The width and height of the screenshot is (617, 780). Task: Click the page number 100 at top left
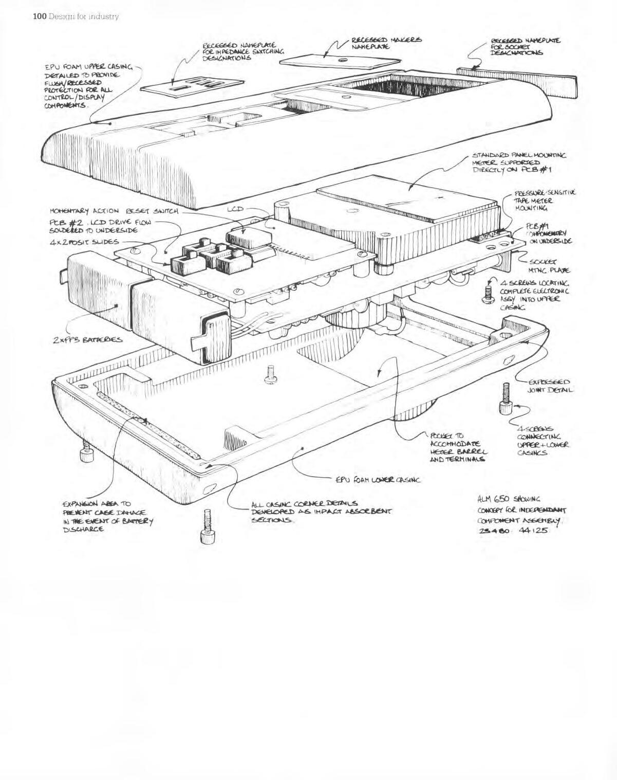(40, 16)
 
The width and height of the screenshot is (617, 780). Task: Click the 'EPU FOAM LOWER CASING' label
(378, 480)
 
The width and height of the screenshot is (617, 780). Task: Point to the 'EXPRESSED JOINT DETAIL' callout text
(549, 386)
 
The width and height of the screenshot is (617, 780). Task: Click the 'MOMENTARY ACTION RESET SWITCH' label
(114, 211)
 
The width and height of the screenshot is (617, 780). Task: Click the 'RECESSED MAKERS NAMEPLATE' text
(386, 43)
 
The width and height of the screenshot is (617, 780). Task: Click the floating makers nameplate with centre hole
(339, 60)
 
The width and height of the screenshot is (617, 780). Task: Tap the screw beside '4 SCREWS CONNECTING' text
(505, 398)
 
